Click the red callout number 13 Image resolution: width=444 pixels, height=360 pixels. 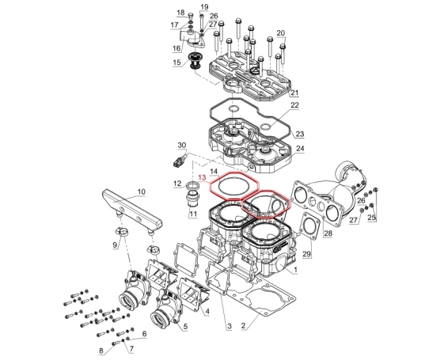pyautogui.click(x=203, y=178)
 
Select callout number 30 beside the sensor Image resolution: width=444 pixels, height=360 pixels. pyautogui.click(x=182, y=146)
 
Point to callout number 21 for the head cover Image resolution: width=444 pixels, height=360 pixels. pyautogui.click(x=294, y=93)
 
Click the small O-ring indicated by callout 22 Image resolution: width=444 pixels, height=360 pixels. pyautogui.click(x=266, y=127)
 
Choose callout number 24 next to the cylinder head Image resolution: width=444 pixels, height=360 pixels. pyautogui.click(x=300, y=149)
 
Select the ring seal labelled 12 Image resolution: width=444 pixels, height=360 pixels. pyautogui.click(x=193, y=186)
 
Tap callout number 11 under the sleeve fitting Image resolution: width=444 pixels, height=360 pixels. pyautogui.click(x=193, y=214)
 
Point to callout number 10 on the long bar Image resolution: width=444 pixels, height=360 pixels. pyautogui.click(x=141, y=191)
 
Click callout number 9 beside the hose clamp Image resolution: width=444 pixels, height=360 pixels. pyautogui.click(x=115, y=244)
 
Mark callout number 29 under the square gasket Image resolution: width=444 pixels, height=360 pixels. pyautogui.click(x=306, y=254)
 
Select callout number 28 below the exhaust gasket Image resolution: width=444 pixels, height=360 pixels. pyautogui.click(x=328, y=233)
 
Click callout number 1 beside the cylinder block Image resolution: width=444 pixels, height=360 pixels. pyautogui.click(x=295, y=270)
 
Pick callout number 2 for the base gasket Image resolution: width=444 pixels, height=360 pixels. pyautogui.click(x=243, y=325)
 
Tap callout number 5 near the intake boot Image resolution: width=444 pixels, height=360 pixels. pyautogui.click(x=185, y=327)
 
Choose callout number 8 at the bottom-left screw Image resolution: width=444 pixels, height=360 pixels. pyautogui.click(x=101, y=351)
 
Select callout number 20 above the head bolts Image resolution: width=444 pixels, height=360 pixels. pyautogui.click(x=281, y=33)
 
